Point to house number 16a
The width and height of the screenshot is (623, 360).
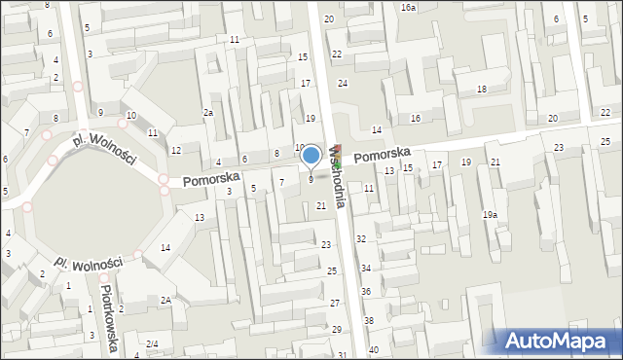(x=408, y=8)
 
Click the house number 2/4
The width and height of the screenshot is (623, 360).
(x=152, y=344)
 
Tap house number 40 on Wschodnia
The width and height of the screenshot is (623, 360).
(x=373, y=349)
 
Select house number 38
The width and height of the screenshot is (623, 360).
(x=369, y=320)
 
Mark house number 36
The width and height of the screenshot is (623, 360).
(x=366, y=292)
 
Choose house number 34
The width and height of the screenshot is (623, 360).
(x=366, y=268)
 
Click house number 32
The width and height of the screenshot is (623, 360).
(x=360, y=238)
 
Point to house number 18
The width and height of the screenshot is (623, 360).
(x=481, y=90)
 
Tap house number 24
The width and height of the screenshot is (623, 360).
(x=343, y=84)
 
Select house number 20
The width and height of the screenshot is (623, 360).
(x=553, y=118)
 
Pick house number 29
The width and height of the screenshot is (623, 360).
(x=337, y=330)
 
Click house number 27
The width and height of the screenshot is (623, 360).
(x=334, y=304)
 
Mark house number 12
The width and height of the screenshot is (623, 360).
(x=175, y=151)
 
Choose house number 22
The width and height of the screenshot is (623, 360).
(x=337, y=54)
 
